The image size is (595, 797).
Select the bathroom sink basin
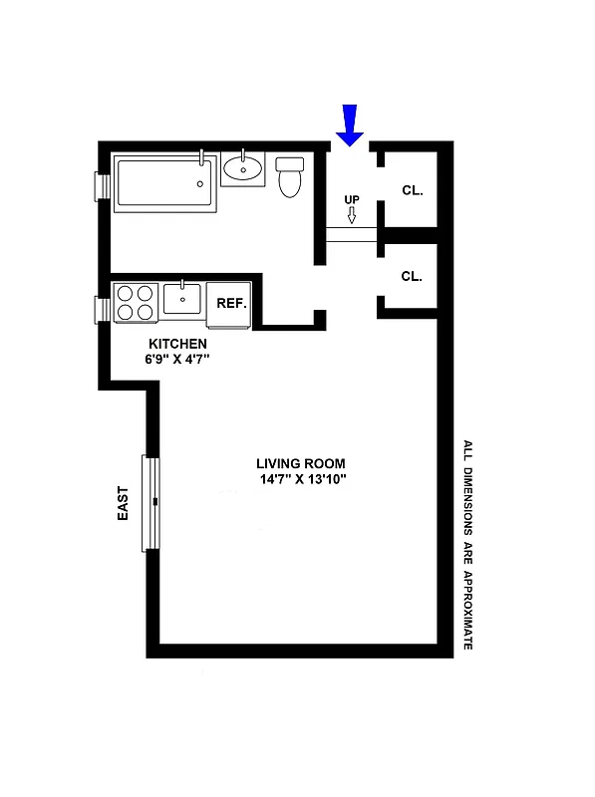pyautogui.click(x=243, y=166)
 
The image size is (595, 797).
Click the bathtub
pyautogui.click(x=165, y=181)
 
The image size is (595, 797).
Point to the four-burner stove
pyautogui.click(x=137, y=303)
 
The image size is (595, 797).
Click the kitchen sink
pyautogui.click(x=182, y=298)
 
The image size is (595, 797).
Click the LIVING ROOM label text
pyautogui.click(x=300, y=463)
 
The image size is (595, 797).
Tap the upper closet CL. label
pyautogui.click(x=412, y=189)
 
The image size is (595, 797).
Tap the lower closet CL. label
pyautogui.click(x=412, y=276)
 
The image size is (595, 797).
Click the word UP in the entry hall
pyautogui.click(x=351, y=199)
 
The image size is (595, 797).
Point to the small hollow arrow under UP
pyautogui.click(x=351, y=215)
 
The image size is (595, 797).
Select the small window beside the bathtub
pyautogui.click(x=102, y=186)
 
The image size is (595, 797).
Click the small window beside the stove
pyautogui.click(x=102, y=310)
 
